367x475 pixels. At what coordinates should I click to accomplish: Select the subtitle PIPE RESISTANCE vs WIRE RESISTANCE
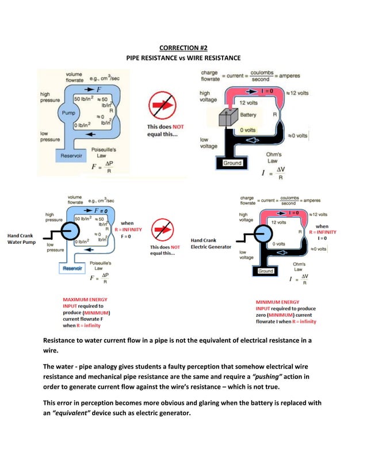(183, 58)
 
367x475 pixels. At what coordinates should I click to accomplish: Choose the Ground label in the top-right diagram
(232, 163)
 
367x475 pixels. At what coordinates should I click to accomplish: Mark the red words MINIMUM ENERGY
(277, 301)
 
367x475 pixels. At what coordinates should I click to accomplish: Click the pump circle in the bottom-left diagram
(70, 233)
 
